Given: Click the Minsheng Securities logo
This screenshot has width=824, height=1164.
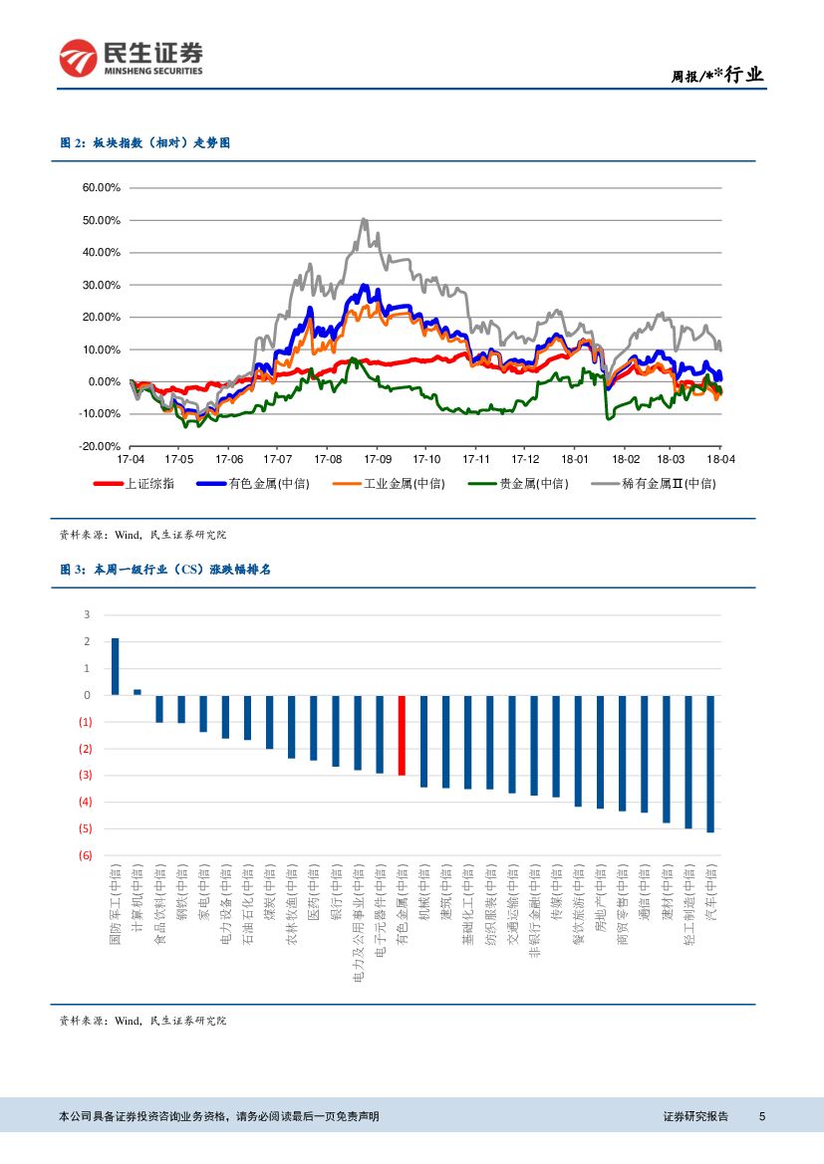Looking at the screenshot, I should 131,59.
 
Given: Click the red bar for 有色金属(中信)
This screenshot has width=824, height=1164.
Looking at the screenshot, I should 402,735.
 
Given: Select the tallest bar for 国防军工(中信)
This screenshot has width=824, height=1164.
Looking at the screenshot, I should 116,666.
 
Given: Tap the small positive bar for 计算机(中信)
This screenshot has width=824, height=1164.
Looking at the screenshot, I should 137,691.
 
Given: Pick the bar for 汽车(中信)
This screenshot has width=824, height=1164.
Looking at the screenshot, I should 710,763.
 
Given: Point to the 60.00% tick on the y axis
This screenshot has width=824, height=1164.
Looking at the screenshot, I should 101,187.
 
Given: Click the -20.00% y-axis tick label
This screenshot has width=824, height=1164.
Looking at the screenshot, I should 101,446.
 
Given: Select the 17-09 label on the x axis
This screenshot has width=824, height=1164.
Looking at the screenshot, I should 378,460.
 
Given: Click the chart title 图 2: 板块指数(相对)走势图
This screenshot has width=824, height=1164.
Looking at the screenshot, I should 145,144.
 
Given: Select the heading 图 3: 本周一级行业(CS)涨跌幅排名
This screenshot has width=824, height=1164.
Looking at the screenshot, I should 165,570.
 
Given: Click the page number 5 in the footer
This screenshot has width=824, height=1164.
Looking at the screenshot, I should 761,1116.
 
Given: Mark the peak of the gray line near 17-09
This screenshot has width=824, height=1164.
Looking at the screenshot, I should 365,219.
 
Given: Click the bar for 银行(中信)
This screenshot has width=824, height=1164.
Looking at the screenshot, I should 336,731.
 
